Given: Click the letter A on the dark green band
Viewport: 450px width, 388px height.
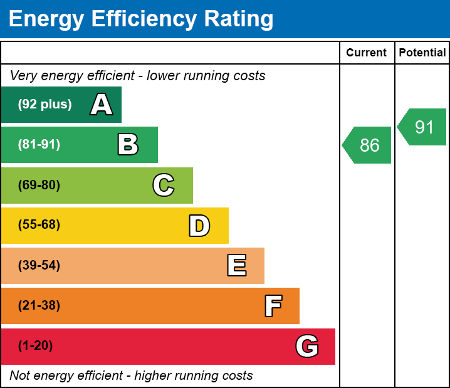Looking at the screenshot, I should coord(102,105).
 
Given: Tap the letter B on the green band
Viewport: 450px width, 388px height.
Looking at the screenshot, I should coord(128,145).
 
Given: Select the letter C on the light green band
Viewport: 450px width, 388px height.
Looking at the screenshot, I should coord(164,185).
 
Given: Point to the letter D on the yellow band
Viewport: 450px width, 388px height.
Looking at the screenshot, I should coord(199,226).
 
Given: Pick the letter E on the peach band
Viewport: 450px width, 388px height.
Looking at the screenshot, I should coord(236,266).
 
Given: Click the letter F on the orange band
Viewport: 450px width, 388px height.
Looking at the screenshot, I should coord(273,306).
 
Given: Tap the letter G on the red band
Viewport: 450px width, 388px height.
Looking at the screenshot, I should coord(307,346).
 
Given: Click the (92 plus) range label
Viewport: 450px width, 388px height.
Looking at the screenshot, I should coord(44,105).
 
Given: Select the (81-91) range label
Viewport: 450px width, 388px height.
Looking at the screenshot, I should coord(39,145).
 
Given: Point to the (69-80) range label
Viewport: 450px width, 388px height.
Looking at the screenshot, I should coord(39,185).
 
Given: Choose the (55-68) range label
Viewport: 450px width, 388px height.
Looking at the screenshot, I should coord(39,225).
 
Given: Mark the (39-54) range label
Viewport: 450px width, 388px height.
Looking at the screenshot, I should coord(39,266).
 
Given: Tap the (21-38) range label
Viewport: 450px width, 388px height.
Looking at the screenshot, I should coord(39,306).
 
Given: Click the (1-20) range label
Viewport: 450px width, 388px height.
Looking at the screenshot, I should coord(36,346).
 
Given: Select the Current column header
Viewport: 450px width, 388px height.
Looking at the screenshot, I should coord(367,53).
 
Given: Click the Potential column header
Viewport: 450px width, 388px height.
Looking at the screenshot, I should coord(422,53).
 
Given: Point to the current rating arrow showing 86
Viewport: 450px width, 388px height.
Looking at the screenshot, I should coord(368,145).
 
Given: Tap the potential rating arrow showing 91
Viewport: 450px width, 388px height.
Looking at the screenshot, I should coord(423,127).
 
